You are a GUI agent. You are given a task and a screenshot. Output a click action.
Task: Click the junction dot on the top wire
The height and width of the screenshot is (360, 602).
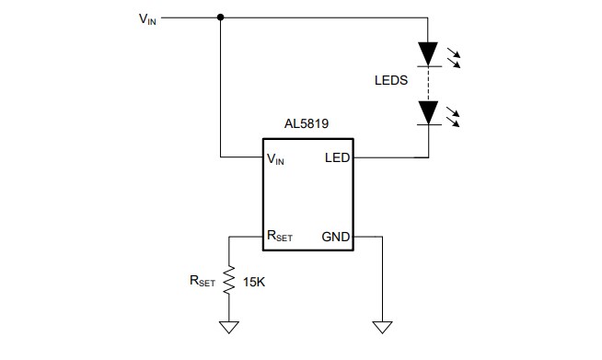[220, 17]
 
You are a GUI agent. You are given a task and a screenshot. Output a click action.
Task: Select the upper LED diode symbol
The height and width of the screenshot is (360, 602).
[428, 54]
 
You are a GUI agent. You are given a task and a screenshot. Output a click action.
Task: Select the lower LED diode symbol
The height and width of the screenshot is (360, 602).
[428, 112]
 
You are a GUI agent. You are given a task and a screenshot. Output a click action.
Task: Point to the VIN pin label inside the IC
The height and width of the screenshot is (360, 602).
[275, 158]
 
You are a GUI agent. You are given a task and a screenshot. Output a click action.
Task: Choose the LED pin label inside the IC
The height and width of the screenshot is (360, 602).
[337, 158]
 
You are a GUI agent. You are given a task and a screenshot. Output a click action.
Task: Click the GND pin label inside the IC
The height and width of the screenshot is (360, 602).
[335, 237]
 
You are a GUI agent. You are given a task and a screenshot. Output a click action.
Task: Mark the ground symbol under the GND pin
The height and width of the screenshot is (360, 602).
[382, 326]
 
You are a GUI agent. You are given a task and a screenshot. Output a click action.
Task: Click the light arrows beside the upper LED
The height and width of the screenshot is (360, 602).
[454, 57]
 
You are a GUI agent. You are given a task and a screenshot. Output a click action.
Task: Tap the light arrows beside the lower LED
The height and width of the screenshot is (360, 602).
[454, 116]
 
